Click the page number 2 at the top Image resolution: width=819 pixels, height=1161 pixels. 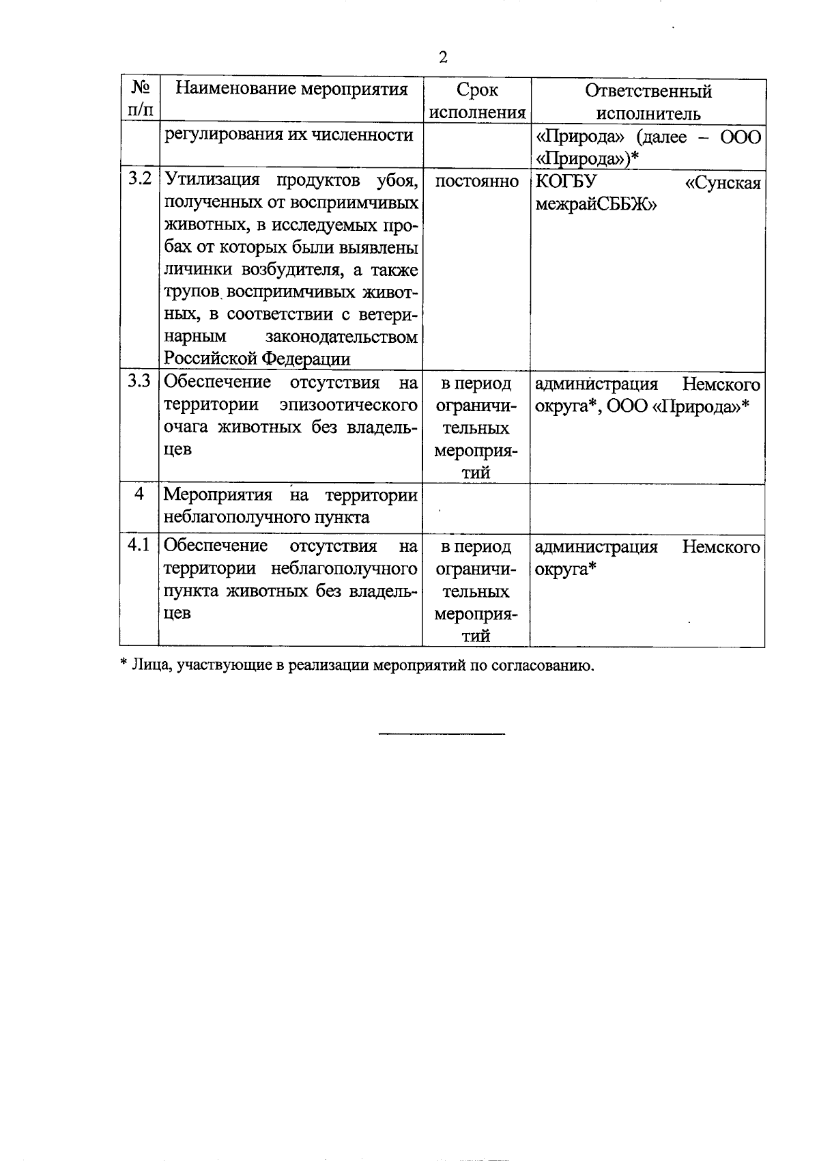tap(443, 57)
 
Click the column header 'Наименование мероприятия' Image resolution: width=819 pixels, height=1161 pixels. tap(291, 89)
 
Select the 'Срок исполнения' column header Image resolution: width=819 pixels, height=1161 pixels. tap(477, 100)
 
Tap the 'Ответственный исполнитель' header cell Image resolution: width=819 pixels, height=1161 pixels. tap(648, 100)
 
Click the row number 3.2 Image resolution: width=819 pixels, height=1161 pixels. tap(139, 180)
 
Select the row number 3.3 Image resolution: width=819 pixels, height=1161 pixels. tap(139, 382)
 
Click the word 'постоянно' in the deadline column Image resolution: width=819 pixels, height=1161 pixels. tap(476, 181)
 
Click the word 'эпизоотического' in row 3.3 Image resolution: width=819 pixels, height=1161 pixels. tap(349, 404)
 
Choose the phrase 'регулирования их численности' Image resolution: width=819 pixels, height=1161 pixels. tap(288, 135)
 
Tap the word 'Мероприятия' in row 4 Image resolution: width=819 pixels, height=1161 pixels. tap(218, 494)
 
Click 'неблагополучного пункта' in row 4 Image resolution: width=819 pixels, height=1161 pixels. tap(266, 517)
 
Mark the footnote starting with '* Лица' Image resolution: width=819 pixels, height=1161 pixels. tap(357, 665)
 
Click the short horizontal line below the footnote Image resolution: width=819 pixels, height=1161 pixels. tap(442, 734)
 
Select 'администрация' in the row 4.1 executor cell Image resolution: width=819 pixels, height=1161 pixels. tap(596, 546)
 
